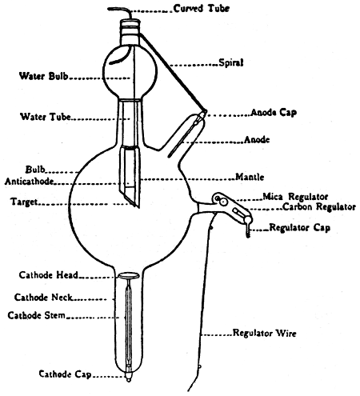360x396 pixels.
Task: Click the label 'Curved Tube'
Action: pos(202,8)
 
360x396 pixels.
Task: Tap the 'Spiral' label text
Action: pos(231,62)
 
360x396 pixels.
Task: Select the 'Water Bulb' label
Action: pos(44,76)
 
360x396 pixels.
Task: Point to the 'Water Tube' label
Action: pos(46,117)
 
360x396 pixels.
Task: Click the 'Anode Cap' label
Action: pos(274,113)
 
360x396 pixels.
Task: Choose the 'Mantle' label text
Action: pos(250,177)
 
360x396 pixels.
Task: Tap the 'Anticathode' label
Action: pos(29,182)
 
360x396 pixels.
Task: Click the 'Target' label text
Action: pos(24,202)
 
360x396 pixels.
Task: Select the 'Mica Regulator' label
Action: pos(295,197)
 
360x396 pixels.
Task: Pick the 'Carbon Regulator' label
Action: pos(319,206)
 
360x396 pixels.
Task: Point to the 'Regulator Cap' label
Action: pos(300,227)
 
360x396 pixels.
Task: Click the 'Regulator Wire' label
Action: pos(265,333)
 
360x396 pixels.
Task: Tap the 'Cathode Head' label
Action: pos(49,275)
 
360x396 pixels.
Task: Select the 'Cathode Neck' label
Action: pos(43,297)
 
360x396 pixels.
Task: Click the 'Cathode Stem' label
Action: pos(37,315)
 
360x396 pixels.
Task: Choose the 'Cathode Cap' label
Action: pos(66,374)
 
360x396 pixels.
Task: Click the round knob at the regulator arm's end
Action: pos(248,219)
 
